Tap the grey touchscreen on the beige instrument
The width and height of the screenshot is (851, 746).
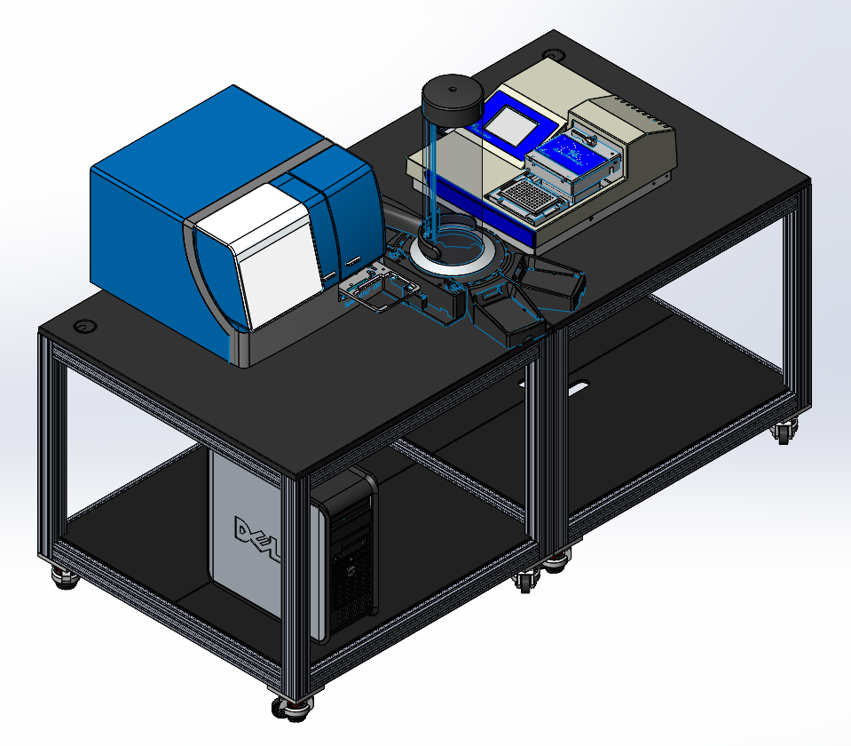pos(511,126)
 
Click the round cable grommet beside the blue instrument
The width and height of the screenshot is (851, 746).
pos(84,327)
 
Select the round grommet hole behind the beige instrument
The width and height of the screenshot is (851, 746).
pos(552,55)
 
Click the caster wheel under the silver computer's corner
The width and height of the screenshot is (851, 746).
pos(66,576)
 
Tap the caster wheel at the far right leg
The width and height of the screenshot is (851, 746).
pos(784,432)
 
